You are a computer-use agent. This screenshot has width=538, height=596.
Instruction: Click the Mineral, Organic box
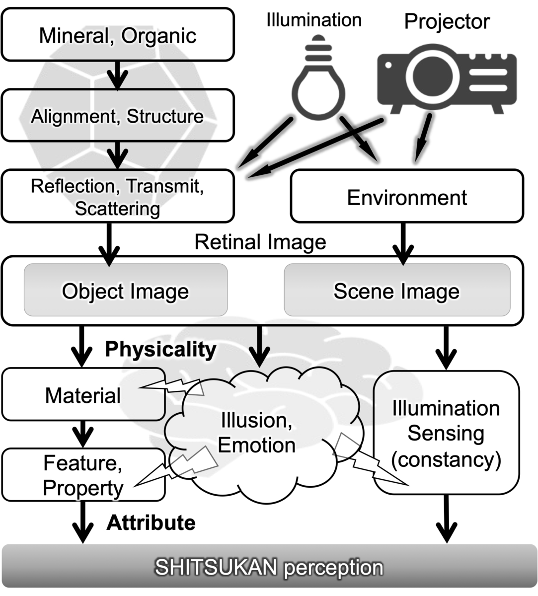(118, 35)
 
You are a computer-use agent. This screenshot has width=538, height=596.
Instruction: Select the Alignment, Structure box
(118, 116)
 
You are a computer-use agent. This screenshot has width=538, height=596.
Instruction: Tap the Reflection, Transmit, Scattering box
(118, 197)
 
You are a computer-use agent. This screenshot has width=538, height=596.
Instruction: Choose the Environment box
(406, 197)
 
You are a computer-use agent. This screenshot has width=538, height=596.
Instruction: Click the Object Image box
(125, 291)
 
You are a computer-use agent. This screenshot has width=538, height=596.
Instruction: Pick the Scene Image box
(396, 291)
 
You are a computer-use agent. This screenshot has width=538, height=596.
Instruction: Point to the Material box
(83, 395)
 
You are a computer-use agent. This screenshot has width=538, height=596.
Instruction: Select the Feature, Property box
(83, 475)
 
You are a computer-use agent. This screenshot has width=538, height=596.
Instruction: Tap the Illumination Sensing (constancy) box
(446, 433)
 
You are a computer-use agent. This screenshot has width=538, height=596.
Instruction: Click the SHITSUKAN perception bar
(269, 567)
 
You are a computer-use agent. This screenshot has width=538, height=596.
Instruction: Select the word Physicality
(161, 349)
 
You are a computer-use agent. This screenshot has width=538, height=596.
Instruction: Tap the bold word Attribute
(151, 522)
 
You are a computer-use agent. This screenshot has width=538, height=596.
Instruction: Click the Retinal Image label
(260, 242)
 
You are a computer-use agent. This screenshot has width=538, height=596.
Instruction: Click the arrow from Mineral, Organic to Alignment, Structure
(118, 75)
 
